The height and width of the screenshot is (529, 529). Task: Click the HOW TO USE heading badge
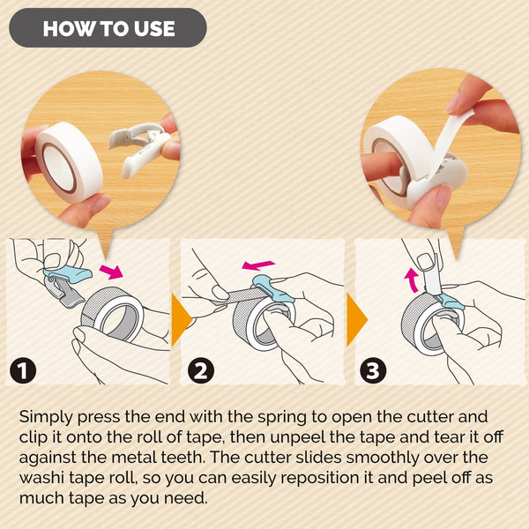(108, 28)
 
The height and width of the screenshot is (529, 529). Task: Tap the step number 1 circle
(25, 371)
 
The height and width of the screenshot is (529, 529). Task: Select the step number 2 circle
(202, 371)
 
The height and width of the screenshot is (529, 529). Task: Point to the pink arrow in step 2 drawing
(259, 264)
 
